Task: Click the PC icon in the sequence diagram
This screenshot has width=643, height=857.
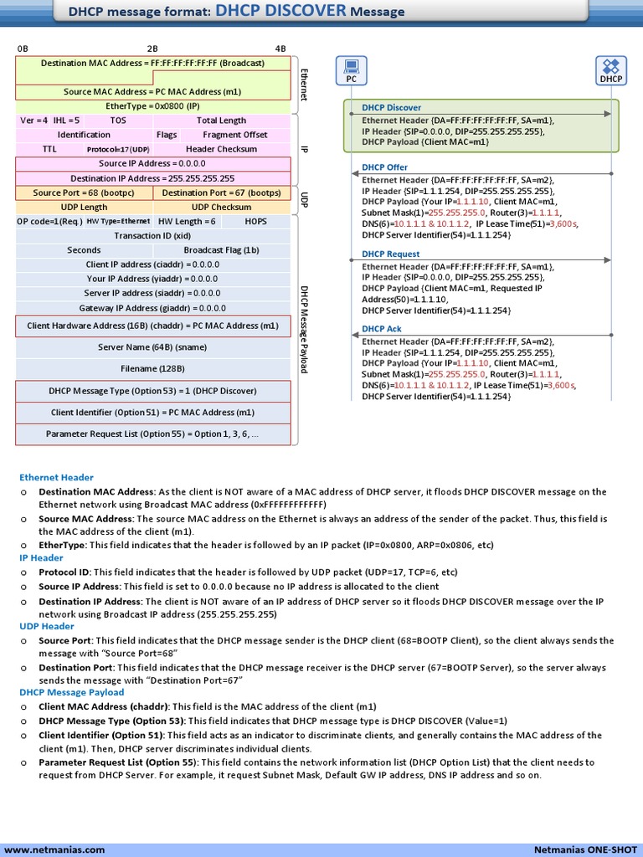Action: [352, 67]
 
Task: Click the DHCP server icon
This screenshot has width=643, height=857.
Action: [611, 67]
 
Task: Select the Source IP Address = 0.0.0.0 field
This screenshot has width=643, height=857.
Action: [152, 163]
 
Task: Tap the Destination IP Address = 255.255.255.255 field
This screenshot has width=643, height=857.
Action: [152, 178]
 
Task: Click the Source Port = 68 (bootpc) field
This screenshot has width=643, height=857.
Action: [84, 192]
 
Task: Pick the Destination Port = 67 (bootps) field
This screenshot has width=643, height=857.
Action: [221, 192]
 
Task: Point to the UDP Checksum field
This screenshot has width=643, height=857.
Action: [221, 207]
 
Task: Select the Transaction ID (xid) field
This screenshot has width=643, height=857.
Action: [152, 236]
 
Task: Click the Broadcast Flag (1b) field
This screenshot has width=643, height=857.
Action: [221, 250]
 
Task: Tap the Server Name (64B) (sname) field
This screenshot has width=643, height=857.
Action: [152, 347]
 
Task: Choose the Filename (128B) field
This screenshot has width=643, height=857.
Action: [152, 368]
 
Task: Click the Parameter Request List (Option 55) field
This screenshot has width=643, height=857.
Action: [152, 434]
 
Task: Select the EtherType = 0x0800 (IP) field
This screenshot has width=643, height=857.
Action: [152, 106]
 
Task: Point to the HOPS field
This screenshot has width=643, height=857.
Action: [256, 222]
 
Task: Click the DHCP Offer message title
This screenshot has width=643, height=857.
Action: [384, 167]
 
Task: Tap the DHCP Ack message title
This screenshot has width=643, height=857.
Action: [382, 329]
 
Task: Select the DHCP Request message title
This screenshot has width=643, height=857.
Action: [390, 254]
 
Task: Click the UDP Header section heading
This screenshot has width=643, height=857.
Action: [47, 626]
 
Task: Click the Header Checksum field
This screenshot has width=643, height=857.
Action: [221, 149]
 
